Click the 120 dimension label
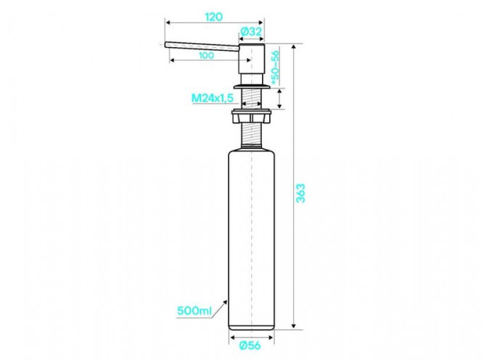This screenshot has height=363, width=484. point(213,17)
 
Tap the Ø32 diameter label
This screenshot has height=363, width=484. point(251,31)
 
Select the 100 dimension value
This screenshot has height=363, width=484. point(206,55)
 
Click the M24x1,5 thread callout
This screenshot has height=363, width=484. point(213,98)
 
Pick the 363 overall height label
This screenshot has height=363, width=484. point(300,193)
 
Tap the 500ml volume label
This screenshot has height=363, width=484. point(194,311)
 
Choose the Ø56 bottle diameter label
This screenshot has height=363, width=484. point(250,345)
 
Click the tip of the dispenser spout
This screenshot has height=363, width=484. point(165,45)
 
